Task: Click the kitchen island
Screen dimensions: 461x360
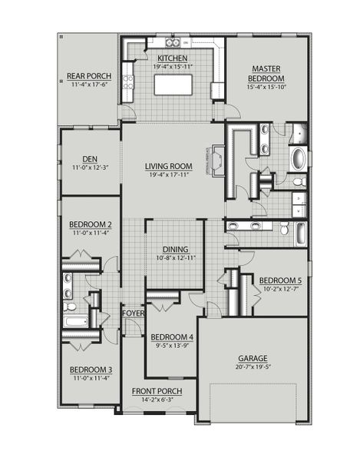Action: (x=173, y=85)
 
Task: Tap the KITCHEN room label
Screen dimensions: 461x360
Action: (x=173, y=58)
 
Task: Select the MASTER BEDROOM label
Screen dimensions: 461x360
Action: (x=267, y=74)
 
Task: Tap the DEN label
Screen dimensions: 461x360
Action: (x=90, y=159)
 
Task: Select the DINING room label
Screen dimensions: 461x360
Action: (x=175, y=249)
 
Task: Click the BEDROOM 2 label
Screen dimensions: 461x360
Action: (x=90, y=224)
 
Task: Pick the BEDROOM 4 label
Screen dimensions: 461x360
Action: (x=170, y=337)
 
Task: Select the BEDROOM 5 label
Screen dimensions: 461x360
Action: (x=280, y=280)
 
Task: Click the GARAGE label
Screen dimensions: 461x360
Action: (x=253, y=358)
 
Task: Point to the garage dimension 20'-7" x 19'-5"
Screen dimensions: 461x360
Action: (x=253, y=368)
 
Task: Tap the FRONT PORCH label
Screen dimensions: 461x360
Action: (x=156, y=391)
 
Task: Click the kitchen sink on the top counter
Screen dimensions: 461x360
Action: (x=176, y=43)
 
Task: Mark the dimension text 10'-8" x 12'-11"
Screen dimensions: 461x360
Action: (x=175, y=258)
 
